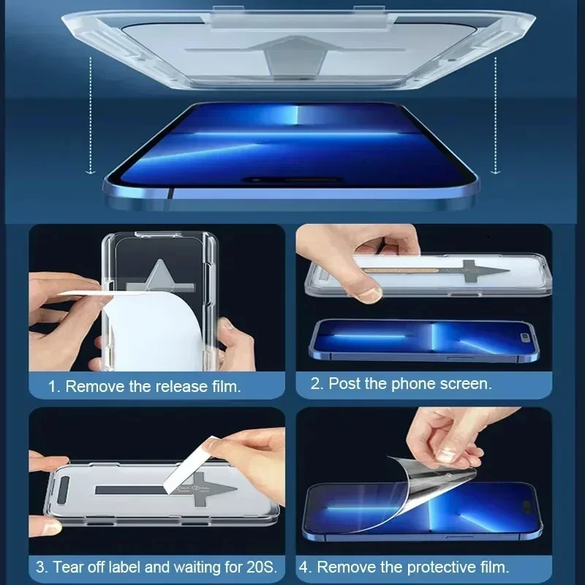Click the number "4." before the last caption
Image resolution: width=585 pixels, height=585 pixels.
click(x=305, y=566)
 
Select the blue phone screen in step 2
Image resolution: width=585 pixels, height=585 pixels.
click(x=424, y=339)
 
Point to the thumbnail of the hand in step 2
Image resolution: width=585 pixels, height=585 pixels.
click(x=371, y=292)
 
